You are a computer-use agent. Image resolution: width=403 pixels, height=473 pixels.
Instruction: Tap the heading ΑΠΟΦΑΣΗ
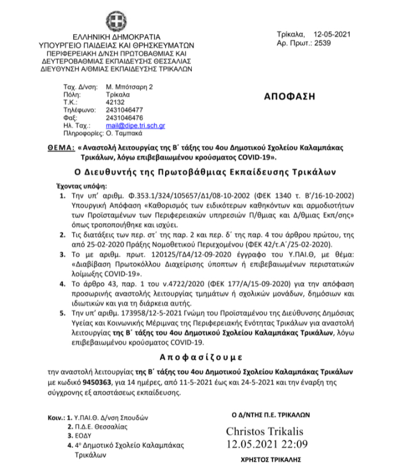[x=289, y=96]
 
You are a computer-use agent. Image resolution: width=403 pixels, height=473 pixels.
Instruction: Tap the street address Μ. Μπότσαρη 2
[x=130, y=87]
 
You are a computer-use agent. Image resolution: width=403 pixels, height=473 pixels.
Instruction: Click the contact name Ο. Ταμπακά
[x=126, y=133]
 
